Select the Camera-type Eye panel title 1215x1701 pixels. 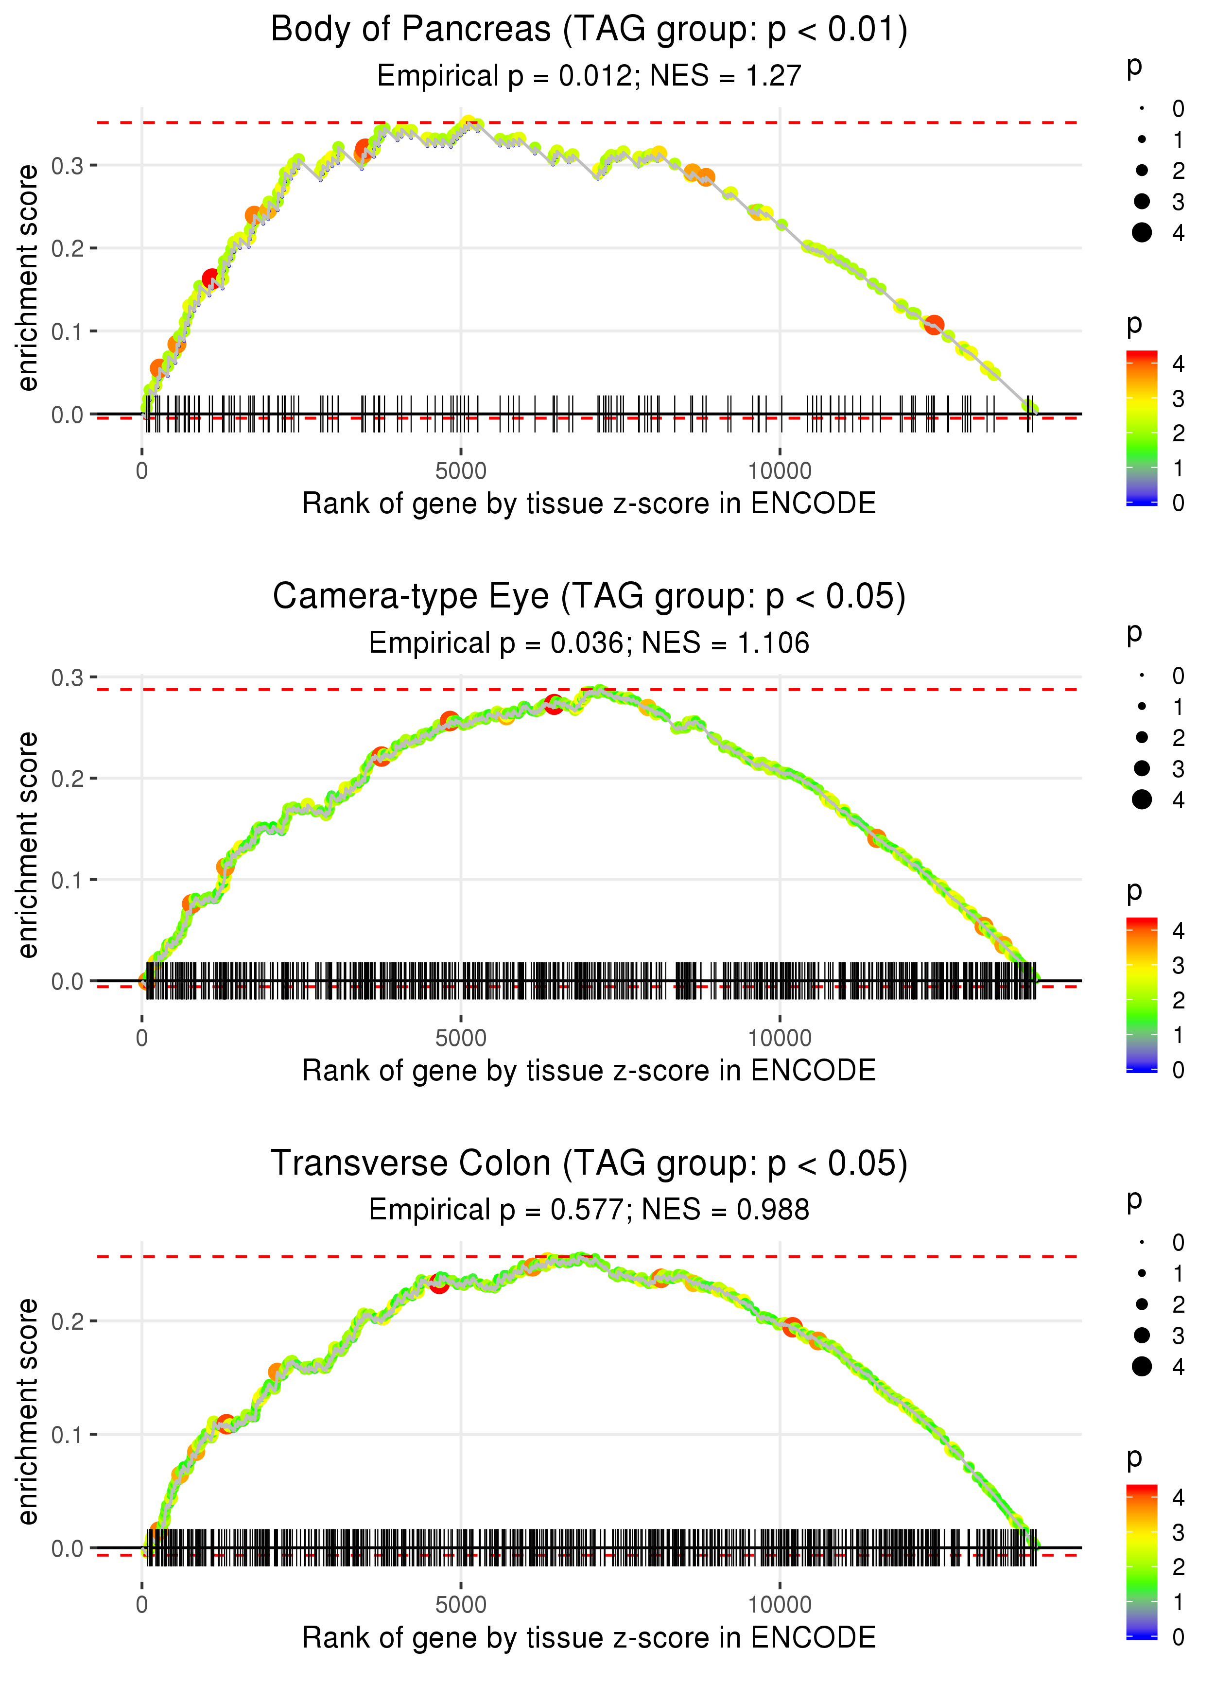[x=589, y=597]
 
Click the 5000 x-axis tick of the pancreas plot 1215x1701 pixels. [x=461, y=471]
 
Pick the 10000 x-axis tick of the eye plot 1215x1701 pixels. [x=780, y=1038]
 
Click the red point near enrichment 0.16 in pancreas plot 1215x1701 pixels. [x=211, y=279]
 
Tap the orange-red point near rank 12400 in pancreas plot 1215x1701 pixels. [x=934, y=325]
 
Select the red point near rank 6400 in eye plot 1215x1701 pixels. [x=554, y=704]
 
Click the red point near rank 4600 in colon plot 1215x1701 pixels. [x=439, y=1284]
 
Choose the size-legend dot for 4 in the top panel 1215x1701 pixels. [x=1142, y=233]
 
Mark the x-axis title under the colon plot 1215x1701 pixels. [x=589, y=1637]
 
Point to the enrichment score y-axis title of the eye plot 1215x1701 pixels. [x=28, y=845]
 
